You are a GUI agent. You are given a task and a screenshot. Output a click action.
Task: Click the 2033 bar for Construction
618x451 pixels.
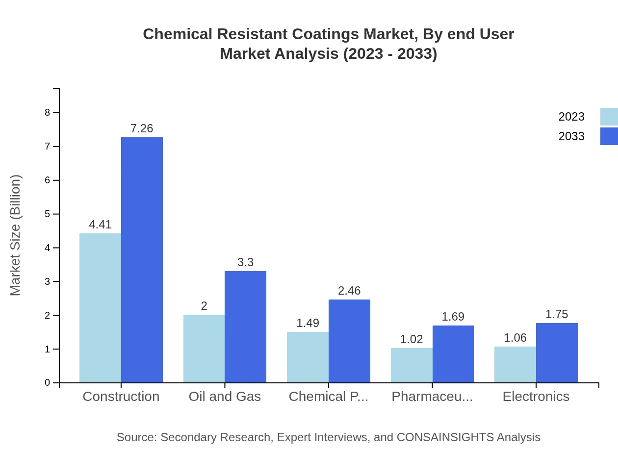tap(142, 260)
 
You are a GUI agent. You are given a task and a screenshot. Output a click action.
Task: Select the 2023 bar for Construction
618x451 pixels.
tap(100, 308)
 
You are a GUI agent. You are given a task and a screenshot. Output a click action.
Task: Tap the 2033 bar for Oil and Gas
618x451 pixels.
tap(245, 326)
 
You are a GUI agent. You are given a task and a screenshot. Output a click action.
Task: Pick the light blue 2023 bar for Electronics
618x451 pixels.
tap(515, 364)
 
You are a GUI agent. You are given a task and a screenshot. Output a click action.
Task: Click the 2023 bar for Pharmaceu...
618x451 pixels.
tap(412, 365)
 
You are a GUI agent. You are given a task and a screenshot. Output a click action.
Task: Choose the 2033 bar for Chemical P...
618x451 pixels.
tap(349, 341)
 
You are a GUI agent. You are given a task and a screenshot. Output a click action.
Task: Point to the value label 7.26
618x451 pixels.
tap(142, 128)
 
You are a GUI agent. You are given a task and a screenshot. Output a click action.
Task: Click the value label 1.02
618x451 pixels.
tap(412, 339)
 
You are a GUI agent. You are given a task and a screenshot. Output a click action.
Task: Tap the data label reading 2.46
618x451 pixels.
tap(349, 291)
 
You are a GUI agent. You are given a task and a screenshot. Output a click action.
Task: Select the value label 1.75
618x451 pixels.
tap(557, 314)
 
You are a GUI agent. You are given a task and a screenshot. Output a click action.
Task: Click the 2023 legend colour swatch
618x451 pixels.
tap(609, 117)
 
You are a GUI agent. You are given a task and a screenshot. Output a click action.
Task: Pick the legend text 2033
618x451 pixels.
tap(571, 136)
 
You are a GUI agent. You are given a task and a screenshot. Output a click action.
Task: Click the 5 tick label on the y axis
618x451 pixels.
tap(48, 214)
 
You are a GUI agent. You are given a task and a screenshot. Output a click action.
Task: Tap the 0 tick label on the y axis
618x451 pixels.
tap(48, 383)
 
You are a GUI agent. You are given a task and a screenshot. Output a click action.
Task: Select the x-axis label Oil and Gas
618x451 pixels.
tap(225, 397)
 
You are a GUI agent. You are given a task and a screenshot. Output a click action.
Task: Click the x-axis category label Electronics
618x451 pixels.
tap(536, 397)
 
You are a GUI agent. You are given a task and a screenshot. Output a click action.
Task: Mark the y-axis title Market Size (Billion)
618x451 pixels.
tap(16, 235)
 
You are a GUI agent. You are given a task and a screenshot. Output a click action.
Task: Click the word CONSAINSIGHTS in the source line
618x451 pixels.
tap(444, 437)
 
